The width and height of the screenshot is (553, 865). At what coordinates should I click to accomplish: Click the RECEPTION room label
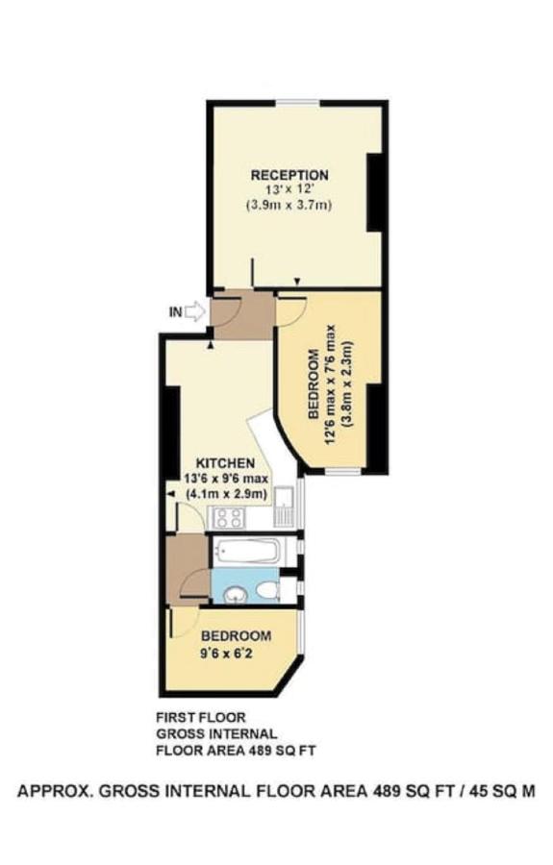coord(289,175)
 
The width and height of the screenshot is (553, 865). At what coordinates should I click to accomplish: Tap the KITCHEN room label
coord(226,463)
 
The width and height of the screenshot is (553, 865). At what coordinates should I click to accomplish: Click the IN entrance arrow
coord(194,311)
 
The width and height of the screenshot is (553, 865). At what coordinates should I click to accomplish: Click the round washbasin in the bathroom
coord(237,594)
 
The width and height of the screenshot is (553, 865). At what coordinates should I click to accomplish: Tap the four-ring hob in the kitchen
coord(229,517)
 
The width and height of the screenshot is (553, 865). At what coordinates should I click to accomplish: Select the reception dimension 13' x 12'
coord(289,190)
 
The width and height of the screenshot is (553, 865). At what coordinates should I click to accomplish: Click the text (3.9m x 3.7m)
coord(289,206)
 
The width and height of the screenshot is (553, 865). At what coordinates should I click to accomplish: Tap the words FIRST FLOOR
coord(201,718)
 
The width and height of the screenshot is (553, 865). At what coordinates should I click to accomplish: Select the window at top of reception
coord(297,102)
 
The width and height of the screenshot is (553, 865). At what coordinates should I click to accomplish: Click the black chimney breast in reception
coord(376,191)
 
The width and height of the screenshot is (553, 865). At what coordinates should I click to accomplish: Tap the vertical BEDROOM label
coord(313,383)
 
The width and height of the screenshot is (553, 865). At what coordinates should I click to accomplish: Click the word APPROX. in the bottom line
coord(55,791)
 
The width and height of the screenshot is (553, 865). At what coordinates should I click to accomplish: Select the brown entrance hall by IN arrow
coord(243,316)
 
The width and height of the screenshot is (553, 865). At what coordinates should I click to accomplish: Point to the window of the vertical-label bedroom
coord(343,472)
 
